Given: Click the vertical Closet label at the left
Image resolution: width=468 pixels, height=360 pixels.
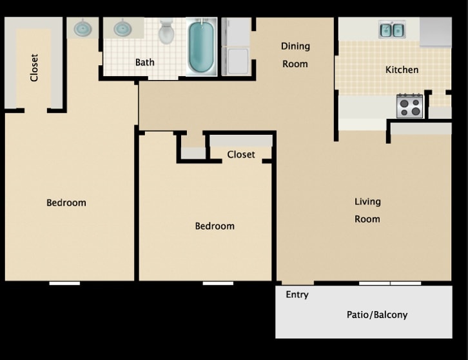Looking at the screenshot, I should coord(34,68).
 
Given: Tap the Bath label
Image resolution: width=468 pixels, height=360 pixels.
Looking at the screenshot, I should coord(144,63).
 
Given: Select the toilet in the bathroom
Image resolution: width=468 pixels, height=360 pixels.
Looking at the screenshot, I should coord(166,32).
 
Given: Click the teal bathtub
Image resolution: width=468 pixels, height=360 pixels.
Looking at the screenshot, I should coord(202,46).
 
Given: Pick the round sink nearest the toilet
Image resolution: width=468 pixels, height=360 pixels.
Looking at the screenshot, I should coord(123,28).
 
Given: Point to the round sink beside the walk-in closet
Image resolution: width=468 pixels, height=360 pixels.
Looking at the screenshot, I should coord(83,28).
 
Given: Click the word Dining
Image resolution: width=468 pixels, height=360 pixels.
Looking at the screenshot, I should coord(295,46).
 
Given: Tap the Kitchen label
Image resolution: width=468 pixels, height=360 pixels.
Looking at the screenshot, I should coord(402,70).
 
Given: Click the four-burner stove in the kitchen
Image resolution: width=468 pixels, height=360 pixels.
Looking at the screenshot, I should coord(409,106).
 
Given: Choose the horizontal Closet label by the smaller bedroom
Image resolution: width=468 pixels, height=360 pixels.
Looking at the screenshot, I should coord(241,155).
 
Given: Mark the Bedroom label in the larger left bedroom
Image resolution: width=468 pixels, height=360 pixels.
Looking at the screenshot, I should coord(66,203).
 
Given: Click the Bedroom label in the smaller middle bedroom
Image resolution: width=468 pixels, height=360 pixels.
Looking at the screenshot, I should coord(215,226).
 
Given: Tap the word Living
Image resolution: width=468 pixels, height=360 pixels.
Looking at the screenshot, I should coord(367,202).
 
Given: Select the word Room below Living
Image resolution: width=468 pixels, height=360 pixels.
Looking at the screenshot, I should coord(367,219).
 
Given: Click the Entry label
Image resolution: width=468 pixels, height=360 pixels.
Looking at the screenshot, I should coord(297,295).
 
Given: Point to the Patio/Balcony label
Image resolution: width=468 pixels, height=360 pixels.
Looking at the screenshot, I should coord(376,315).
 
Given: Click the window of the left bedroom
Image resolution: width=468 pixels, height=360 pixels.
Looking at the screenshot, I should coord(64,283).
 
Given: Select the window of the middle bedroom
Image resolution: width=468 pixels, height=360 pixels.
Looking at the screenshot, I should coord(218,283).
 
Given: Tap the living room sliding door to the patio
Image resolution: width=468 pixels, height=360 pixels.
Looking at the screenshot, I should coord(390,283).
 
